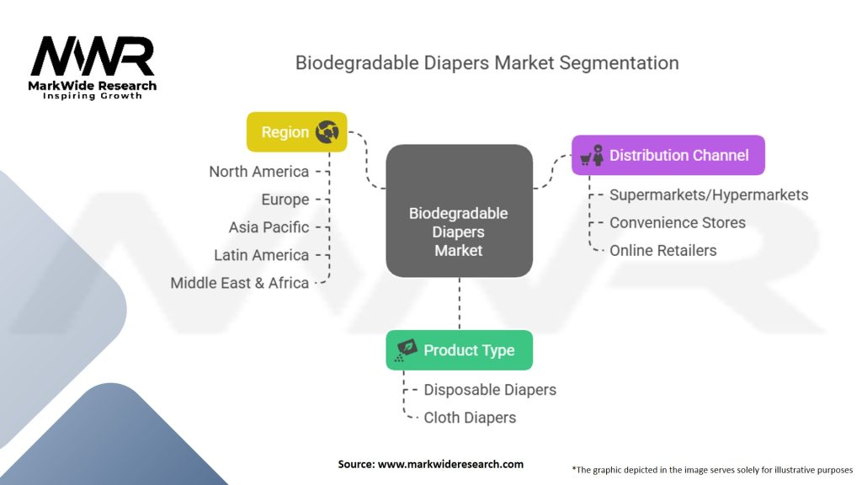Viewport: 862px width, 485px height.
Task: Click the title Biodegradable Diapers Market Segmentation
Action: pos(487,63)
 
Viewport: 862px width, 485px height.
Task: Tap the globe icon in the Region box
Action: pos(326,132)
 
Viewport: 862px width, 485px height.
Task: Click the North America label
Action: pos(258,172)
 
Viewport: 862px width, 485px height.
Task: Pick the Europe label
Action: pos(285,200)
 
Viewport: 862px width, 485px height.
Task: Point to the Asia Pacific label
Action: pos(269,227)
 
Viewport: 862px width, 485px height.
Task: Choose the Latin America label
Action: pos(261,255)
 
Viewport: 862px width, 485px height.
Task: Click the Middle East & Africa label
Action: pos(239,283)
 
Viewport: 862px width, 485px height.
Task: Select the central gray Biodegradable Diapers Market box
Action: pos(459,211)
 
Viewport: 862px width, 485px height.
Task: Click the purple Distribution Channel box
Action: pos(668,155)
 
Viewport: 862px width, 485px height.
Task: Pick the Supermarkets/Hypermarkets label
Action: pos(709,195)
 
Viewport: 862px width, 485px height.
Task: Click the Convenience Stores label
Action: pos(678,222)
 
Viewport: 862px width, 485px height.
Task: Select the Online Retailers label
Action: pos(663,250)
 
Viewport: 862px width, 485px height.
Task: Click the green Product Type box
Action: pos(459,350)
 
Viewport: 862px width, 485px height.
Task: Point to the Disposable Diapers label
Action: pos(490,390)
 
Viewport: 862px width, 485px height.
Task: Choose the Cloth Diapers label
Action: pos(470,418)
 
